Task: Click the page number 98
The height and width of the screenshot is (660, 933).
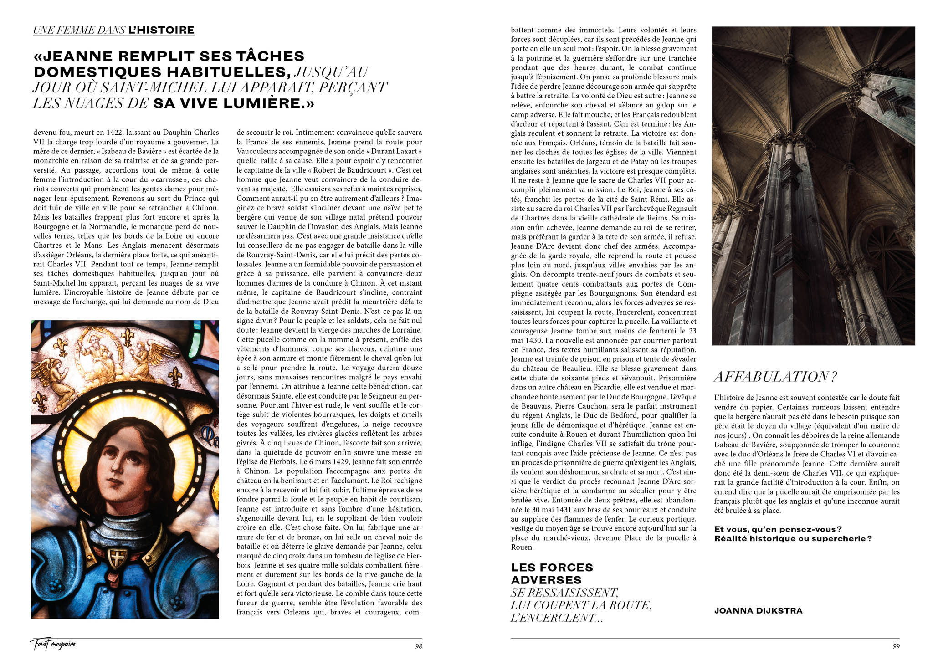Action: point(418,646)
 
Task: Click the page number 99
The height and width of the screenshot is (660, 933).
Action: point(896,646)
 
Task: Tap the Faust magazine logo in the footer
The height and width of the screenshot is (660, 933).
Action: point(53,644)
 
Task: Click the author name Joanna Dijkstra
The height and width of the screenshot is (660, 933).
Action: point(758,611)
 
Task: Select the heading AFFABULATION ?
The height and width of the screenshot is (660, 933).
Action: point(775,377)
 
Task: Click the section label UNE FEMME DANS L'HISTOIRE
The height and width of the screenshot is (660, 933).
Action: point(114,31)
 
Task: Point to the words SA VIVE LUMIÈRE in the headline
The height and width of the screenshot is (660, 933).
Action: point(233,103)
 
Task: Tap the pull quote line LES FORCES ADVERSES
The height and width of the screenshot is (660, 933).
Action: point(552,573)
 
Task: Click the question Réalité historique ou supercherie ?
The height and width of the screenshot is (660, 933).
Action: point(793,538)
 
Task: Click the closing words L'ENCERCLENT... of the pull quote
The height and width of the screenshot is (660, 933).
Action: point(557,618)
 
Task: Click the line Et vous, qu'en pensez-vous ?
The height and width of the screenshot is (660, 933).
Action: point(778,529)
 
